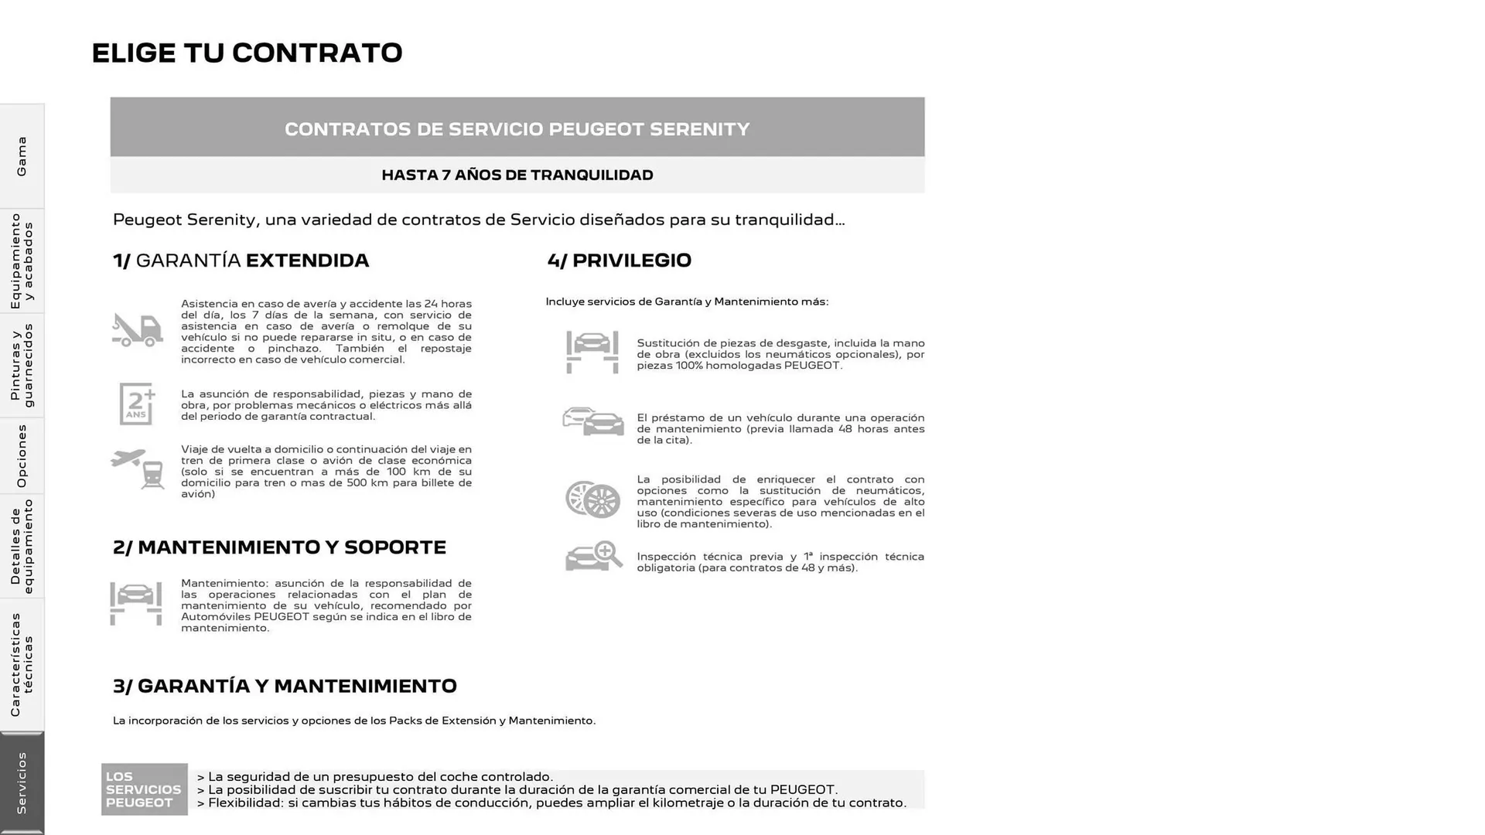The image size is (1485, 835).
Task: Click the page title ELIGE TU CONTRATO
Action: (x=247, y=53)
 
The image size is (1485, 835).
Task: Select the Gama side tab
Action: (x=22, y=156)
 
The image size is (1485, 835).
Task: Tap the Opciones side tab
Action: (x=22, y=456)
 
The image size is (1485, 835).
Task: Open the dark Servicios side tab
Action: (x=22, y=782)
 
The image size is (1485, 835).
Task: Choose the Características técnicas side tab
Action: (x=22, y=665)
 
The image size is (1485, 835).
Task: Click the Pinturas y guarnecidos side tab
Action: (x=22, y=366)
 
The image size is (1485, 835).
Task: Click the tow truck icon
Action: (x=137, y=330)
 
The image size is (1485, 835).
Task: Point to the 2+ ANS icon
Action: (x=137, y=404)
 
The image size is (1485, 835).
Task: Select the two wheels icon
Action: (x=592, y=499)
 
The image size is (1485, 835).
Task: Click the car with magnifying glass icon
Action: (x=593, y=556)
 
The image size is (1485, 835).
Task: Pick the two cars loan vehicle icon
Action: (x=592, y=422)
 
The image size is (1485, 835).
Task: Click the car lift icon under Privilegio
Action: (x=592, y=352)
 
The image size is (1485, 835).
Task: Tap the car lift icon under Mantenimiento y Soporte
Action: (x=136, y=603)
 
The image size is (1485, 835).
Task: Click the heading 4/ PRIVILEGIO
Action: (x=619, y=261)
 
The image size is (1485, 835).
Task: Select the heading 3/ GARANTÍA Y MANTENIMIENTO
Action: (x=285, y=686)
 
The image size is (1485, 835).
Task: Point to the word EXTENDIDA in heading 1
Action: (x=307, y=261)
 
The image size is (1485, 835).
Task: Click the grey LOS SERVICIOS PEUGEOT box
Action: (x=144, y=789)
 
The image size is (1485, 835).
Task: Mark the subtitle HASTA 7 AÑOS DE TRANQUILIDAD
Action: (x=517, y=175)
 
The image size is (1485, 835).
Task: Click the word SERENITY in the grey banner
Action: (x=699, y=129)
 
